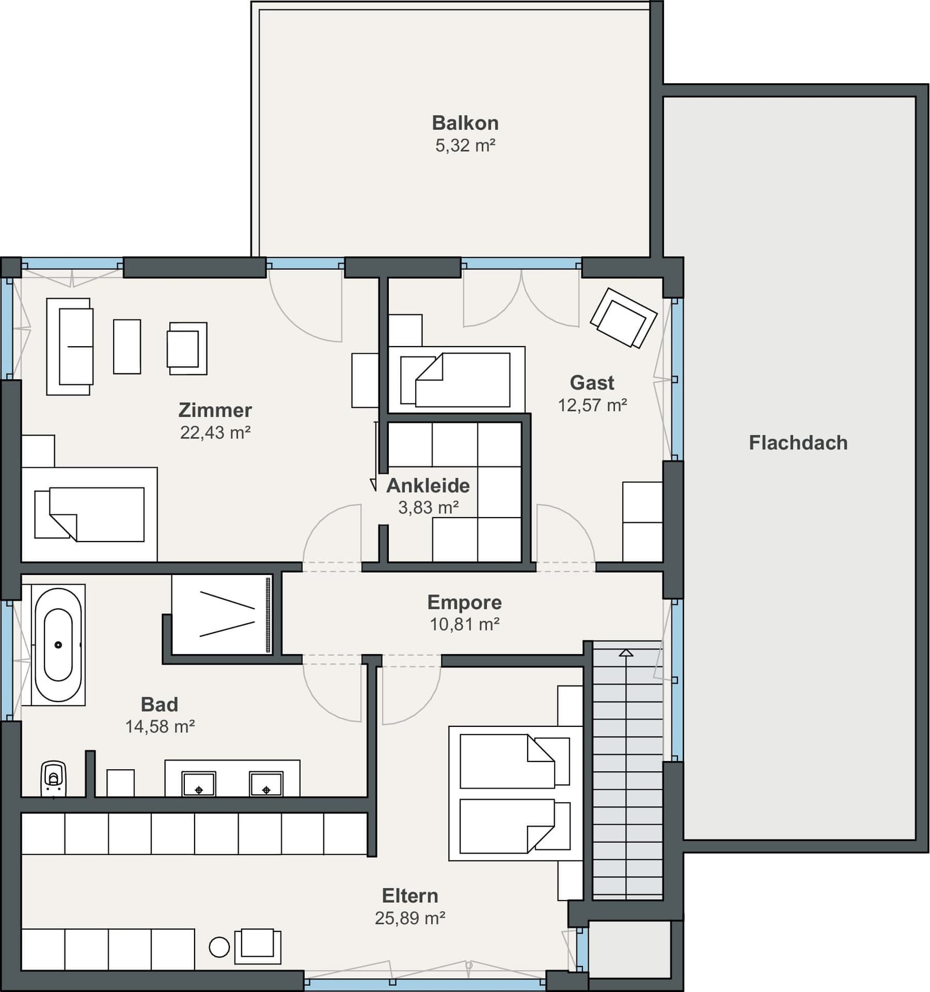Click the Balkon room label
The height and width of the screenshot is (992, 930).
tap(465, 123)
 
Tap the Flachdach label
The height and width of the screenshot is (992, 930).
tap(798, 443)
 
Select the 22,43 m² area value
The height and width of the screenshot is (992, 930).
tap(215, 433)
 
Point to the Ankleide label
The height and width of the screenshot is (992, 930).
tap(428, 486)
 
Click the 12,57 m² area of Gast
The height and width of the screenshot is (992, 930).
tap(593, 405)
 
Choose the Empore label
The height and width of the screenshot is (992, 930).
tap(464, 602)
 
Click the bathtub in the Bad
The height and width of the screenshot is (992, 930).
tap(58, 645)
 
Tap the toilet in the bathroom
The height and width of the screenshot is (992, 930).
tap(54, 778)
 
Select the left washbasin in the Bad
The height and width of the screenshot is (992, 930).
tap(199, 784)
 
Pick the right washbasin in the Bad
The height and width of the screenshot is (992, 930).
tap(266, 784)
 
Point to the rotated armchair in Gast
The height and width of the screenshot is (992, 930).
tap(623, 318)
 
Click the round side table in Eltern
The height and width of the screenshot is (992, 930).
tap(219, 947)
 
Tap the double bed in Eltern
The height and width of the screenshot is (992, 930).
tap(516, 793)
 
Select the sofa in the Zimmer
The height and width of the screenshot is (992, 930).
tap(69, 347)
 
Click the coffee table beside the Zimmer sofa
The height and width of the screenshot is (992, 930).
tap(127, 347)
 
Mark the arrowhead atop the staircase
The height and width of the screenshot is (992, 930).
tap(626, 653)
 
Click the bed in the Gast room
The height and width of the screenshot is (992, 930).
tap(456, 380)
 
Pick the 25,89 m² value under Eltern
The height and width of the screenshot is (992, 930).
tap(410, 918)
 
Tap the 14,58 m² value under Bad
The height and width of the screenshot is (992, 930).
tap(160, 726)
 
